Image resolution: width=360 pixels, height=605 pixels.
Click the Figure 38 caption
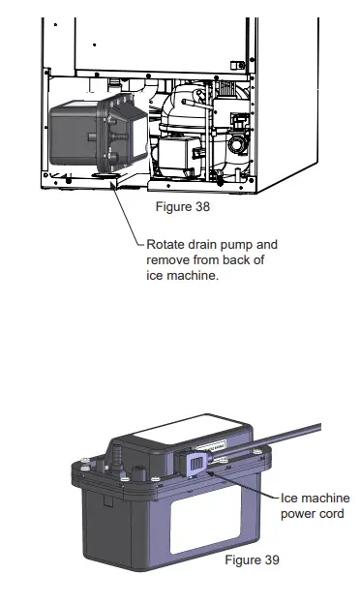click(183, 206)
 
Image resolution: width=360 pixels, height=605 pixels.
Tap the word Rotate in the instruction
click(167, 245)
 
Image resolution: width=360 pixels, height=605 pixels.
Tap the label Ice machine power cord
click(314, 506)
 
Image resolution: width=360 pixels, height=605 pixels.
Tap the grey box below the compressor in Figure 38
click(178, 155)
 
